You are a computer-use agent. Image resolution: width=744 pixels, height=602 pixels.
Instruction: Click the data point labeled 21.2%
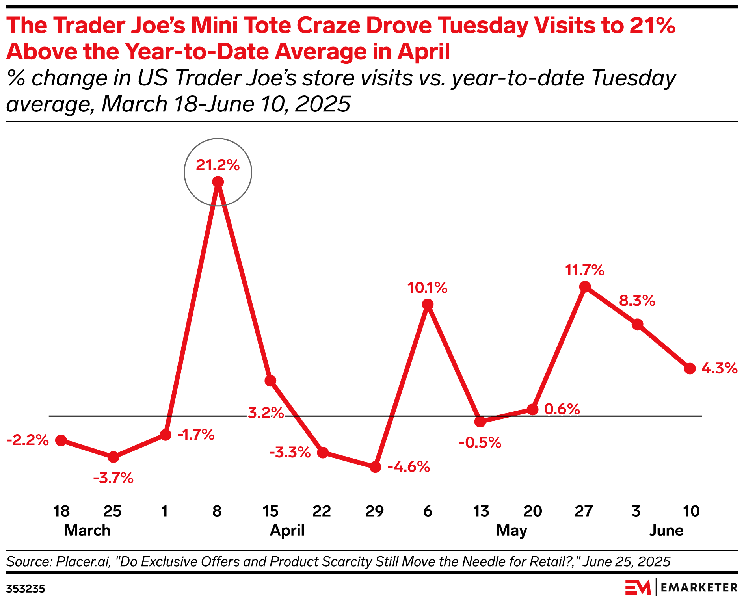[218, 182]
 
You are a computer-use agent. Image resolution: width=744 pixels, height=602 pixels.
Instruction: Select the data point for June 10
[690, 369]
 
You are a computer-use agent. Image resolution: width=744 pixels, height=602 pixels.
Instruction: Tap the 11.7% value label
[584, 271]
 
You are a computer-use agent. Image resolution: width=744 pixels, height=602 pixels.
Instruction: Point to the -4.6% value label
[409, 467]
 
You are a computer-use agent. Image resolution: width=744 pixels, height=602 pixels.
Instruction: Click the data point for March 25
[113, 457]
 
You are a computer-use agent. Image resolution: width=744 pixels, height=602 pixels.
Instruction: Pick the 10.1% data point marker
[428, 305]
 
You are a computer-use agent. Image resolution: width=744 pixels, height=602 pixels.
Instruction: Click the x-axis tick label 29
[374, 511]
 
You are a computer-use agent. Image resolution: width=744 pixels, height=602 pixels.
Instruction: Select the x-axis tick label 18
[61, 511]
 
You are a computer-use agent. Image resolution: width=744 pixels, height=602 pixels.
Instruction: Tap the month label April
[287, 531]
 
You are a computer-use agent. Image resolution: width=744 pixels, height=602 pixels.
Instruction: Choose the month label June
[666, 531]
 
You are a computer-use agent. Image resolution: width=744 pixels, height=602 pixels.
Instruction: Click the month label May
[511, 531]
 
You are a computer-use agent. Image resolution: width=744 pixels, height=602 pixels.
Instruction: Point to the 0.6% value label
[562, 409]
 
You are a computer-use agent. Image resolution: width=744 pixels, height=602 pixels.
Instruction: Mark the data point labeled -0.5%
[480, 422]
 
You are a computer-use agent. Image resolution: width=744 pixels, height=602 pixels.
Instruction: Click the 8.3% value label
[637, 301]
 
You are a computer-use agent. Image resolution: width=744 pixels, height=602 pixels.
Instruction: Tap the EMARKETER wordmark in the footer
[699, 588]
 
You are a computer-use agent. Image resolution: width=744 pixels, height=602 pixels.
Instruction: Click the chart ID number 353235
[26, 589]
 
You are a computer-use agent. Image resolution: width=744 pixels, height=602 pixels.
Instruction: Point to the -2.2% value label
[28, 440]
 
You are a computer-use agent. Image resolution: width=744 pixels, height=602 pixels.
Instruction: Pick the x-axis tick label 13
[481, 511]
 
